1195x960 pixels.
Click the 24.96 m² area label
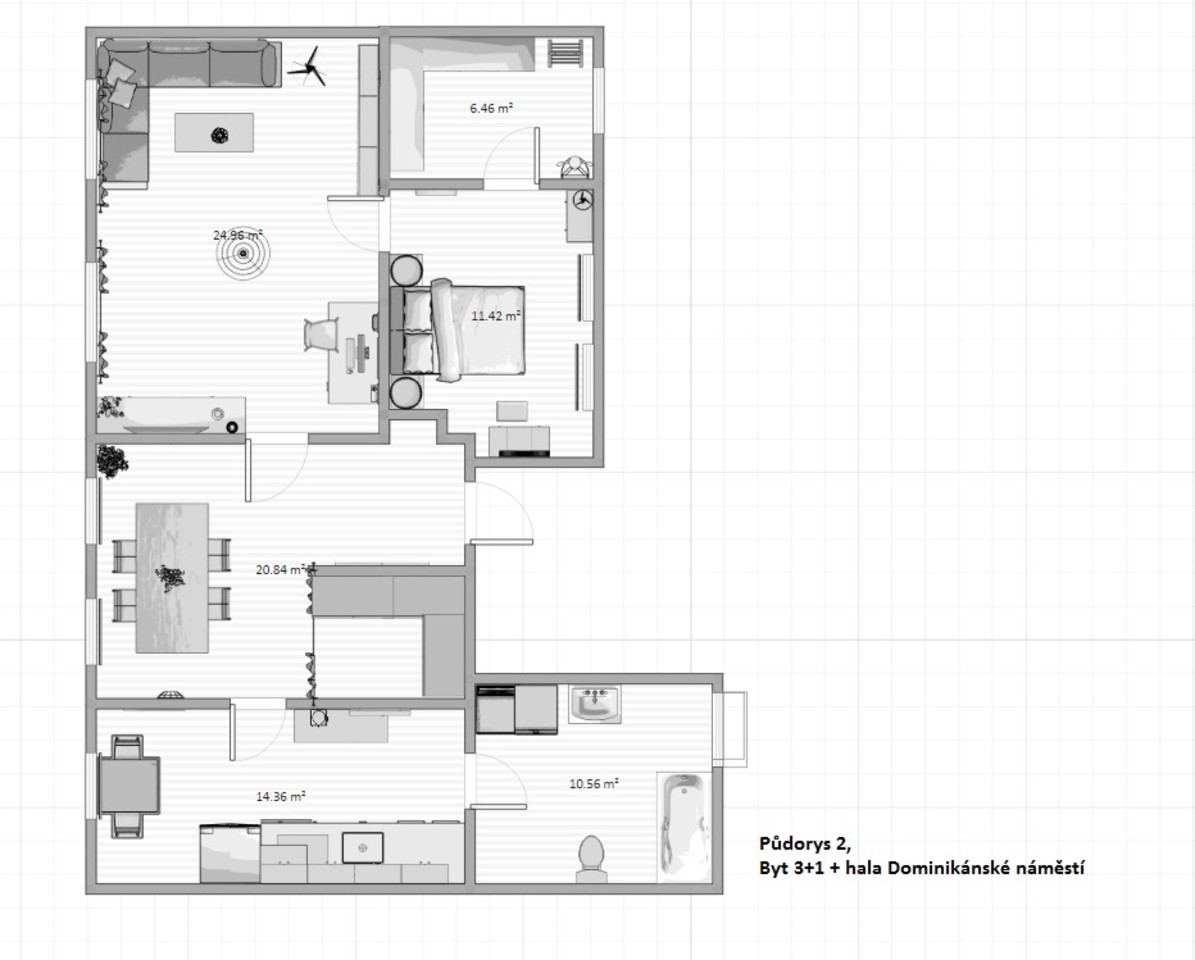click(238, 235)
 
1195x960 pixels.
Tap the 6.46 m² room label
click(491, 108)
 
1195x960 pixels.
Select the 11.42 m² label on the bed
click(496, 315)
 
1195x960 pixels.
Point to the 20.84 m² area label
click(281, 569)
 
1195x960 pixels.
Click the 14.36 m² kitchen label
click(280, 796)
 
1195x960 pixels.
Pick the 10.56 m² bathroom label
click(594, 783)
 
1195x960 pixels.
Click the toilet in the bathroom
click(591, 859)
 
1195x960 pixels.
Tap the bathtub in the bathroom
click(684, 827)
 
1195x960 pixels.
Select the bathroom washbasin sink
click(595, 703)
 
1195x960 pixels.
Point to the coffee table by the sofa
click(214, 133)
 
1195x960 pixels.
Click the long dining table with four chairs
click(172, 578)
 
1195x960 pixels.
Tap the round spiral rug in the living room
click(243, 253)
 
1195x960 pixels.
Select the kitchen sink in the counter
click(363, 847)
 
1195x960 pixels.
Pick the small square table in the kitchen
click(130, 786)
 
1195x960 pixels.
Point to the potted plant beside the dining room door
click(112, 462)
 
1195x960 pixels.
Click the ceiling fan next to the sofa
click(308, 67)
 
